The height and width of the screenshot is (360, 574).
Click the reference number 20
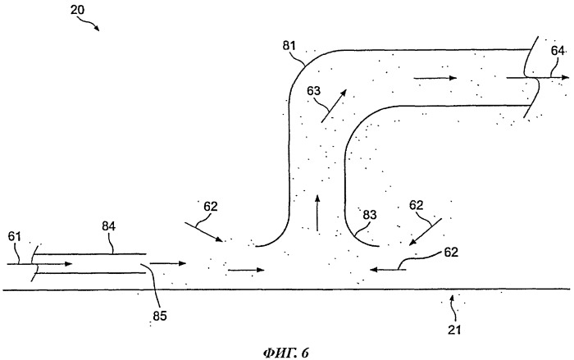point(77,10)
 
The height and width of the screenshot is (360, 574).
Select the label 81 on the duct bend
point(289,46)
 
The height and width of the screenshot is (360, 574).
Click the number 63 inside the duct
point(313,90)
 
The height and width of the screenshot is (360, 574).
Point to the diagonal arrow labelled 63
point(334,105)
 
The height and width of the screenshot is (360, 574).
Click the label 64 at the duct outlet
point(558,52)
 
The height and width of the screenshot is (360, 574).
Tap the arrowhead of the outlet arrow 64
point(565,78)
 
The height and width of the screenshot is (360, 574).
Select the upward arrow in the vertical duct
point(317,212)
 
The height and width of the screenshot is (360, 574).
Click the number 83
point(369,215)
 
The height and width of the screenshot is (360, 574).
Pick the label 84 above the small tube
point(108,226)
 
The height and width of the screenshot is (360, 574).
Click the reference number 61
point(15,236)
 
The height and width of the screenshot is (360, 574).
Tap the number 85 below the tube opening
point(160,316)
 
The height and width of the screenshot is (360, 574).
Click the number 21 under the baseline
point(454,330)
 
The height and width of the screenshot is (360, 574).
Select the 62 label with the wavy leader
point(451,252)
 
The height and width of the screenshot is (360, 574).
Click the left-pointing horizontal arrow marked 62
point(388,270)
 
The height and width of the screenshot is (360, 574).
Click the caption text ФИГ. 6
point(286,353)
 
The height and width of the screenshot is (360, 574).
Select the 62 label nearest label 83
point(416,205)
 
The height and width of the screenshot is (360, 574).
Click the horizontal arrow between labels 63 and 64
point(435,78)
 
